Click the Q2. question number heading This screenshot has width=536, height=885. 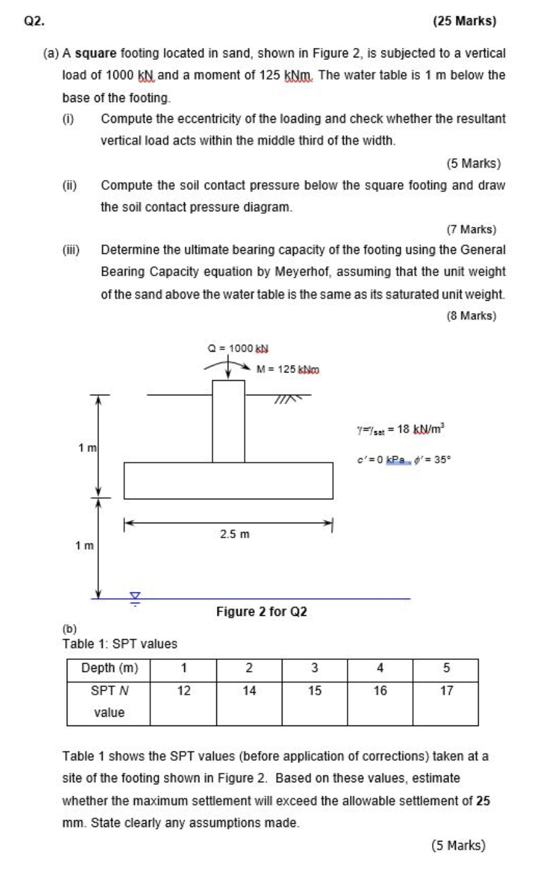(34, 21)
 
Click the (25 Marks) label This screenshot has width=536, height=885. (465, 21)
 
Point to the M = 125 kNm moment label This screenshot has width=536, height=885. (288, 369)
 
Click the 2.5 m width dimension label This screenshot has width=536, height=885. (235, 535)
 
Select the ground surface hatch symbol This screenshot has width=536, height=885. (288, 398)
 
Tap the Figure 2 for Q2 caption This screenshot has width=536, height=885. (261, 611)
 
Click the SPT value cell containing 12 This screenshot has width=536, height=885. (184, 691)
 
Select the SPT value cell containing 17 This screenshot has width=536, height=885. (446, 691)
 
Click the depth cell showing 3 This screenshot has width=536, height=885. (315, 668)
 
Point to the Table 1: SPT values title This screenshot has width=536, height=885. (120, 644)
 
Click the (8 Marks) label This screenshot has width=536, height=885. (471, 316)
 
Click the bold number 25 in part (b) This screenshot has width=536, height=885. (483, 801)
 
